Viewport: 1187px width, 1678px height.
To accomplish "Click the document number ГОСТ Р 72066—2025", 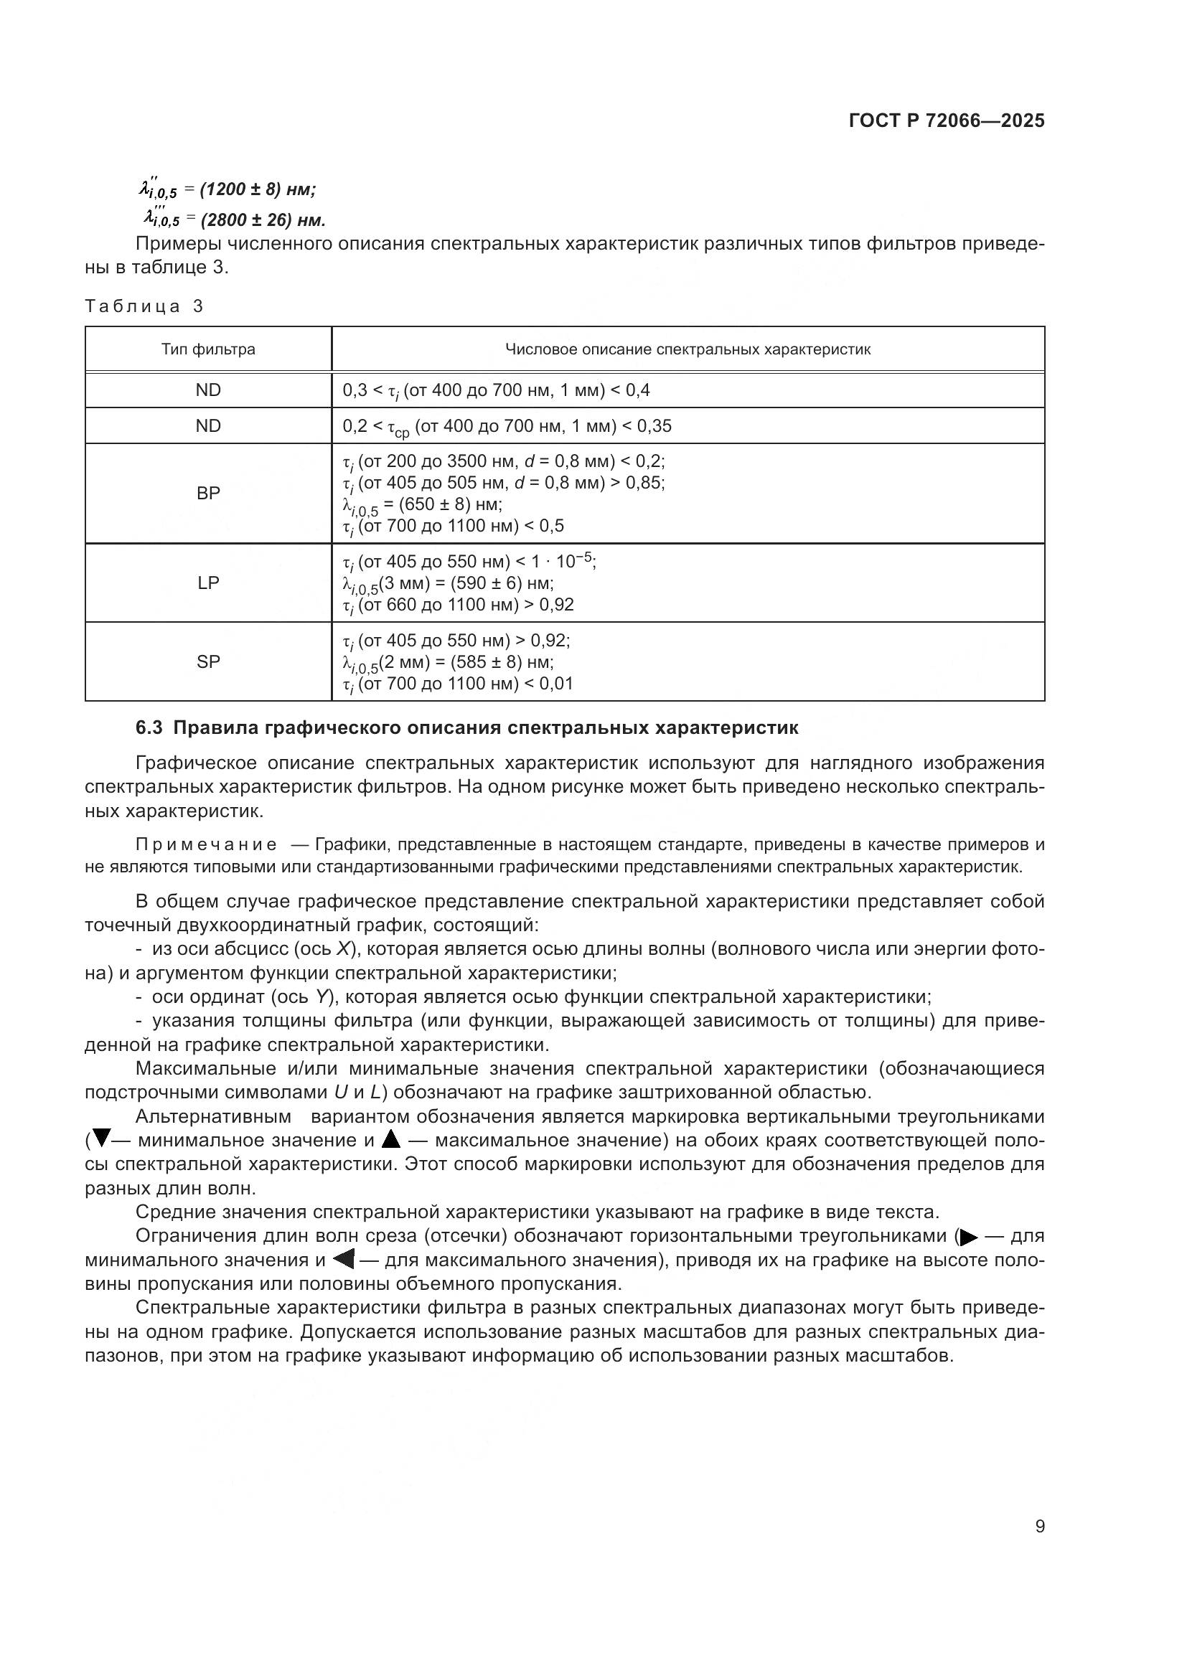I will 947,121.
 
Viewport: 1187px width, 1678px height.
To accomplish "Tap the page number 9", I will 1039,1526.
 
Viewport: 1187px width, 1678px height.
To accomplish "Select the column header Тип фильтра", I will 208,349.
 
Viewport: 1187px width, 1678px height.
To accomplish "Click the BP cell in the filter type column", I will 208,494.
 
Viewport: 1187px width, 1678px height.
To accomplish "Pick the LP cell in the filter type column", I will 208,583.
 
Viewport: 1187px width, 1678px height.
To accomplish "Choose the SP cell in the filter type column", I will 208,661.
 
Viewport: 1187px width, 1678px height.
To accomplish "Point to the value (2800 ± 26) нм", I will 263,220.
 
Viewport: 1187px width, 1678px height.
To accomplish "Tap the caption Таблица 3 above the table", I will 144,306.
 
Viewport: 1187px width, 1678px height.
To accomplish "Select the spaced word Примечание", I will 206,845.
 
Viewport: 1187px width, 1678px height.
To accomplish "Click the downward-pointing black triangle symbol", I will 102,1139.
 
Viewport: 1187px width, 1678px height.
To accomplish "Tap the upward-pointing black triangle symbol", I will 392,1139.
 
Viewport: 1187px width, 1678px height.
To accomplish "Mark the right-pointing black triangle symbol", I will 969,1238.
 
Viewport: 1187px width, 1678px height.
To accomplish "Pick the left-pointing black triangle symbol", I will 343,1260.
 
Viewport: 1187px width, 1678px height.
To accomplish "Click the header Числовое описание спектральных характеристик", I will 688,349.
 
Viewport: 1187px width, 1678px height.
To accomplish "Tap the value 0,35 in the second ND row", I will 655,426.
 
